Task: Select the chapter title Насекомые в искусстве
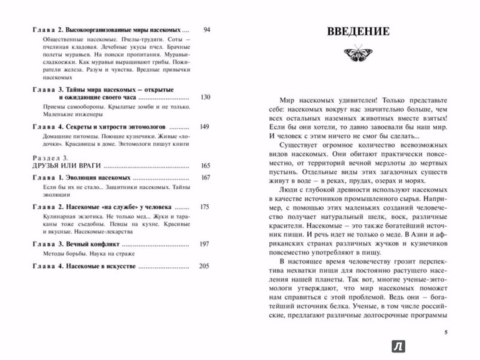pyautogui.click(x=100, y=266)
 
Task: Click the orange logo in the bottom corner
pyautogui.click(x=397, y=346)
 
